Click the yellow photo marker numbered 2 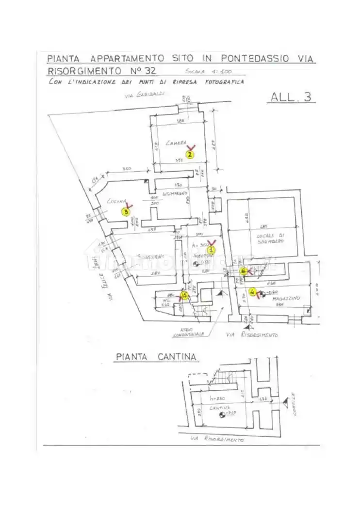(x=190, y=155)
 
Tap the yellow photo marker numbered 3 (x=127, y=211)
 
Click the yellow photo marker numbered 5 (x=184, y=295)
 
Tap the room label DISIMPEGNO (x=175, y=193)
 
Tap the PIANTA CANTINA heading (x=156, y=357)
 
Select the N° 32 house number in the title (x=144, y=70)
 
